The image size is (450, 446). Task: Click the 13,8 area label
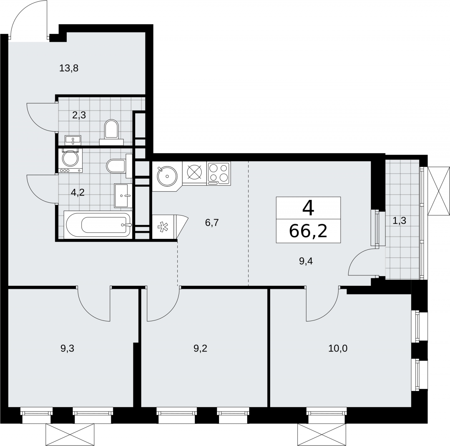point(69,68)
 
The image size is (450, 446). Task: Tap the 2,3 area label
point(79,115)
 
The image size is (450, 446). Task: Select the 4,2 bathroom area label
point(77,192)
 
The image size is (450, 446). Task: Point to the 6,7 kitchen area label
point(212,223)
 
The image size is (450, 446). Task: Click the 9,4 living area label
point(306,261)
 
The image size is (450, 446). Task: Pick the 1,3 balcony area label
point(399,221)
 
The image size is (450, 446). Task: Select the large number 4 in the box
point(308,209)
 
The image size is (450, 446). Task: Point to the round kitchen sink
point(167,176)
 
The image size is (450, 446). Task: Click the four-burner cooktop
point(219,173)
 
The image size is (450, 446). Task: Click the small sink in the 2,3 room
point(73,140)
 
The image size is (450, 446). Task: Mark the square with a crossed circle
point(194,173)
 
